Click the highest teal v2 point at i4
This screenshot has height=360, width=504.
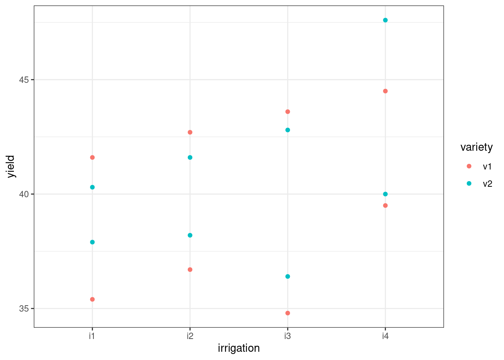(x=385, y=20)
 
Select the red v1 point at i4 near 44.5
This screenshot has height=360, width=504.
(x=385, y=91)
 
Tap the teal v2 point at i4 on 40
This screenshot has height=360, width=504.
(x=385, y=194)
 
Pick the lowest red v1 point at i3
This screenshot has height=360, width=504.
(x=288, y=313)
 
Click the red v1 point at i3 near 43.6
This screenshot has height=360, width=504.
(x=288, y=112)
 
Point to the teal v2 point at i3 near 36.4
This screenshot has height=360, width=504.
(x=288, y=276)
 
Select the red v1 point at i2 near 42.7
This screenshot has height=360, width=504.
(x=190, y=132)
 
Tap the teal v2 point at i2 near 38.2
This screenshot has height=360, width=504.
(x=190, y=235)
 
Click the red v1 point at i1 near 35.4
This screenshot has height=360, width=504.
(x=92, y=299)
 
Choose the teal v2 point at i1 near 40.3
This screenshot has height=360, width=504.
(x=92, y=187)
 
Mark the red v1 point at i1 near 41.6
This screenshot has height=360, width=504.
(x=92, y=157)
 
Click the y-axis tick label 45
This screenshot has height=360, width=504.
(x=24, y=80)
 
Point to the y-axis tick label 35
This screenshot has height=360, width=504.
(x=24, y=309)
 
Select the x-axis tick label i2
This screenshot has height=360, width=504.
(x=190, y=336)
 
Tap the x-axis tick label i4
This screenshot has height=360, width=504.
(x=385, y=336)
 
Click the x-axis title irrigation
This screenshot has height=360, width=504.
(x=238, y=348)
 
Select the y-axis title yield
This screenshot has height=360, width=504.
(x=11, y=166)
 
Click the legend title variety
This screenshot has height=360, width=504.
(x=476, y=147)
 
